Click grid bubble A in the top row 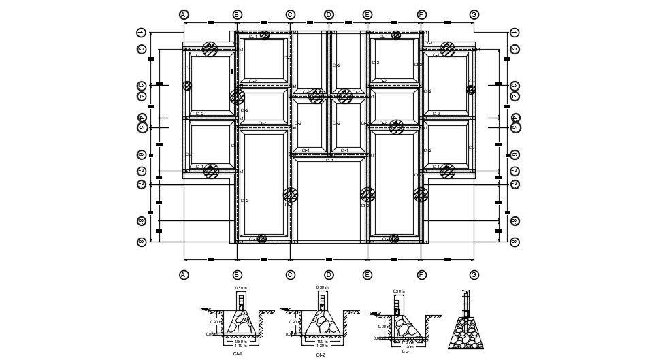tap(184, 14)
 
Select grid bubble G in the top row tap(474, 14)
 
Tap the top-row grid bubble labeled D tap(329, 14)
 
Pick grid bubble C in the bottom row tap(290, 275)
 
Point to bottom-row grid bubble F tap(421, 275)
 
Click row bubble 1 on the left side tap(142, 32)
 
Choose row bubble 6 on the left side tap(142, 154)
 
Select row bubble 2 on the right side tap(515, 49)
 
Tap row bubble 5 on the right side tap(515, 127)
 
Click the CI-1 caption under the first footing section tap(237, 353)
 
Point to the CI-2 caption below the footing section tap(321, 355)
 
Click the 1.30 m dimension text tap(322, 346)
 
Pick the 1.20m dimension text tap(408, 346)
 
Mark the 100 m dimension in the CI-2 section tap(322, 341)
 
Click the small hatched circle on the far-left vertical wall tap(187, 86)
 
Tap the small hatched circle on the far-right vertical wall tap(471, 89)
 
